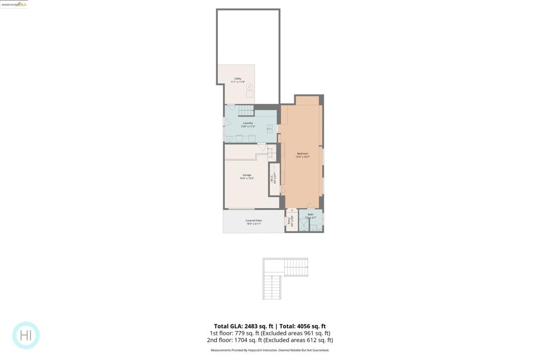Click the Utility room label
coord(238,79)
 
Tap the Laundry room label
coord(248,123)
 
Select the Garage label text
coord(247,175)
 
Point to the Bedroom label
coord(303,153)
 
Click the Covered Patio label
coord(254,220)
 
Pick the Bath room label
coord(311,214)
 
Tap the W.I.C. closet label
coord(272,178)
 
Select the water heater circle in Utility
coord(249,87)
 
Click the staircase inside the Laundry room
coord(246,110)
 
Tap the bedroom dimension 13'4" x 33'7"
coord(303,157)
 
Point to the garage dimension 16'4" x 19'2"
coord(247,179)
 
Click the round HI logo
coord(26,335)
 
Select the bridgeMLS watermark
coord(14,4)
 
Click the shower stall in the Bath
coord(304,225)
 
